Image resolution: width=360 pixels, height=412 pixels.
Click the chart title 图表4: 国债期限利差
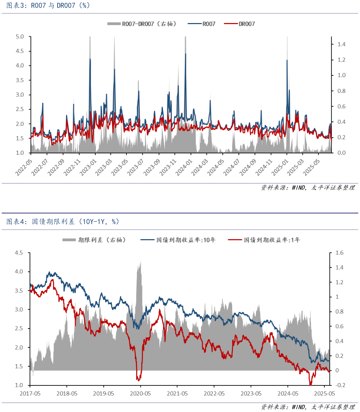[x=63, y=222]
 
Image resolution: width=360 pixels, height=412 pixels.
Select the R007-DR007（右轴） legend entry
[x=142, y=24]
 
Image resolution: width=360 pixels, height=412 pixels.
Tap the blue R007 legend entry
[x=202, y=24]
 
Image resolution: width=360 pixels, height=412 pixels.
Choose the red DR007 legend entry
[x=240, y=24]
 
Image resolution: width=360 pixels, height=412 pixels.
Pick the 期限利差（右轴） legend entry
[x=94, y=240]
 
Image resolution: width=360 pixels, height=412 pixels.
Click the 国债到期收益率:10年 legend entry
[x=178, y=240]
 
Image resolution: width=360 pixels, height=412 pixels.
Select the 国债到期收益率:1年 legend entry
[x=264, y=240]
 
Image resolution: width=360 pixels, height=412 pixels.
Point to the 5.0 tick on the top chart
[x=20, y=37]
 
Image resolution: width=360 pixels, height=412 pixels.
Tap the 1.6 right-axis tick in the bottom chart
[x=339, y=253]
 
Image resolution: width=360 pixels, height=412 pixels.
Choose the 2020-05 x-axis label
[x=140, y=393]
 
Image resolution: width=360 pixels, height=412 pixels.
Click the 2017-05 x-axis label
[x=30, y=393]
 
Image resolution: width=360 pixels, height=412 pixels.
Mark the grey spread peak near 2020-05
[x=140, y=261]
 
